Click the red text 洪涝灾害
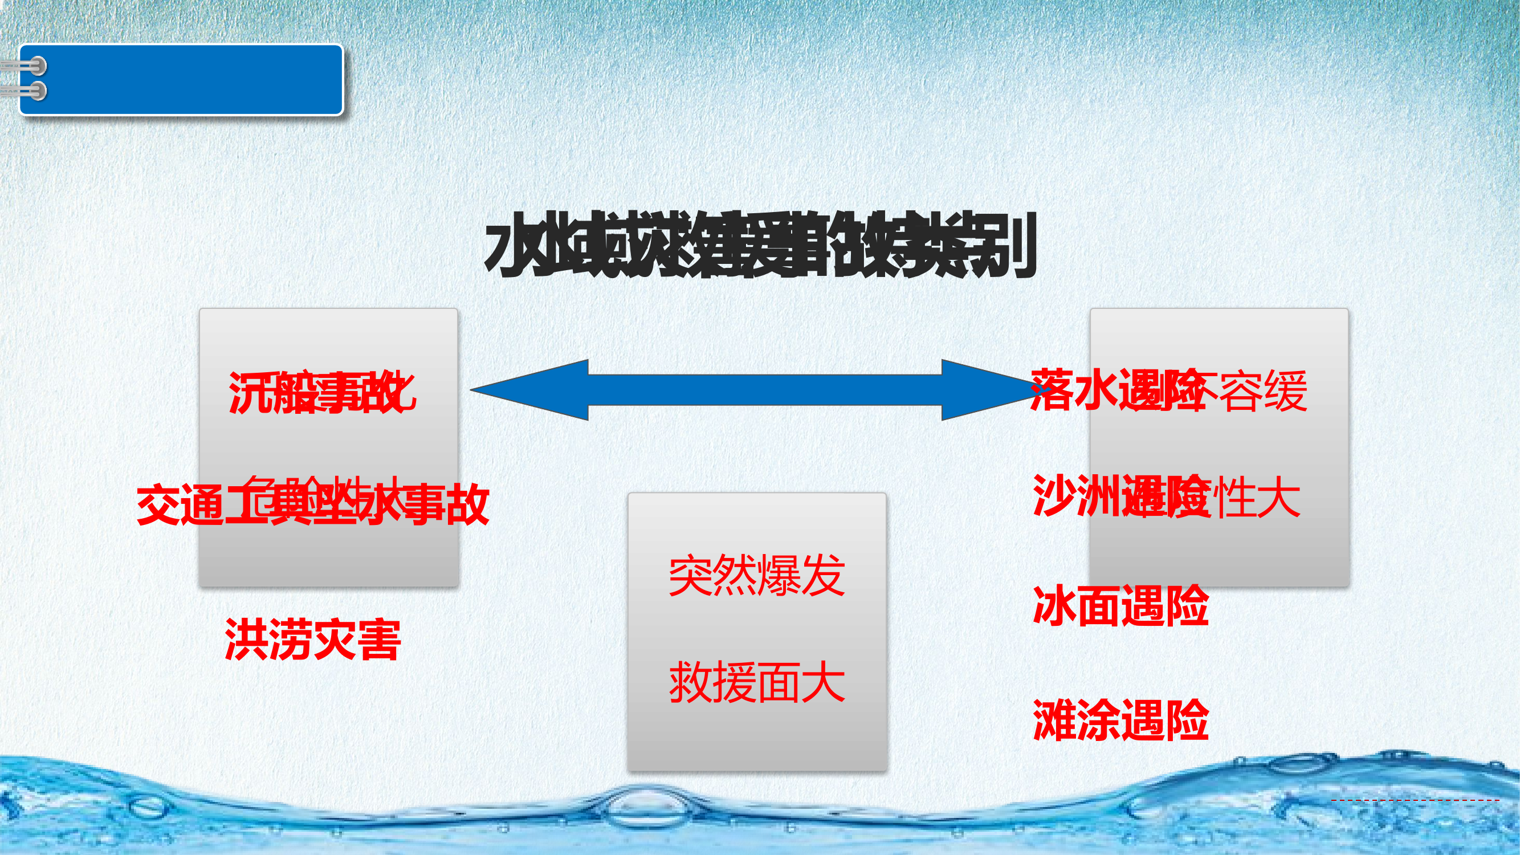(313, 640)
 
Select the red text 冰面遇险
(1120, 606)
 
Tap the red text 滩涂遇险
(1120, 720)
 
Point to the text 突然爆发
(756, 575)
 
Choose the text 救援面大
(756, 683)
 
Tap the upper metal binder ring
(36, 66)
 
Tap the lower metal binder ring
(36, 91)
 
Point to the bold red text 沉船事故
(322, 392)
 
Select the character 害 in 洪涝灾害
(380, 640)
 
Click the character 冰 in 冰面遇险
(1054, 606)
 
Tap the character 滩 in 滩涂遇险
(1054, 720)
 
